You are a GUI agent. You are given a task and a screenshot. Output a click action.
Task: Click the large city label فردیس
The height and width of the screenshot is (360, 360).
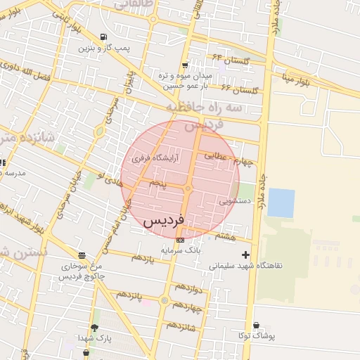pos(163,220)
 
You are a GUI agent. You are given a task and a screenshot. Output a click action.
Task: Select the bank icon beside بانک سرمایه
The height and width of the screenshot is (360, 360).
pos(181,240)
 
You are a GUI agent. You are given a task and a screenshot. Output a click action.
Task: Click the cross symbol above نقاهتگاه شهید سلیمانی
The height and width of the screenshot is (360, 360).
pos(245,255)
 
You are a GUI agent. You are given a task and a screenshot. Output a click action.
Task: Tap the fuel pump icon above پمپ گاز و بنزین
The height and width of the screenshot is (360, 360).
pos(104,37)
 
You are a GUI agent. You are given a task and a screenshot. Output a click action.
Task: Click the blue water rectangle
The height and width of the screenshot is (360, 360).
pos(281,202)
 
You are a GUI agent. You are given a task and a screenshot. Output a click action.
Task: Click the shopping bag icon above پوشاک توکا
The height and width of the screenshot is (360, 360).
pos(256,326)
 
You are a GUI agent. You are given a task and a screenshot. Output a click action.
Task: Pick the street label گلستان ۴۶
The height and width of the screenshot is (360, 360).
pos(240,90)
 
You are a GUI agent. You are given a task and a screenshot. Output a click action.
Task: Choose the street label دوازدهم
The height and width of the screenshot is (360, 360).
pos(188,288)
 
